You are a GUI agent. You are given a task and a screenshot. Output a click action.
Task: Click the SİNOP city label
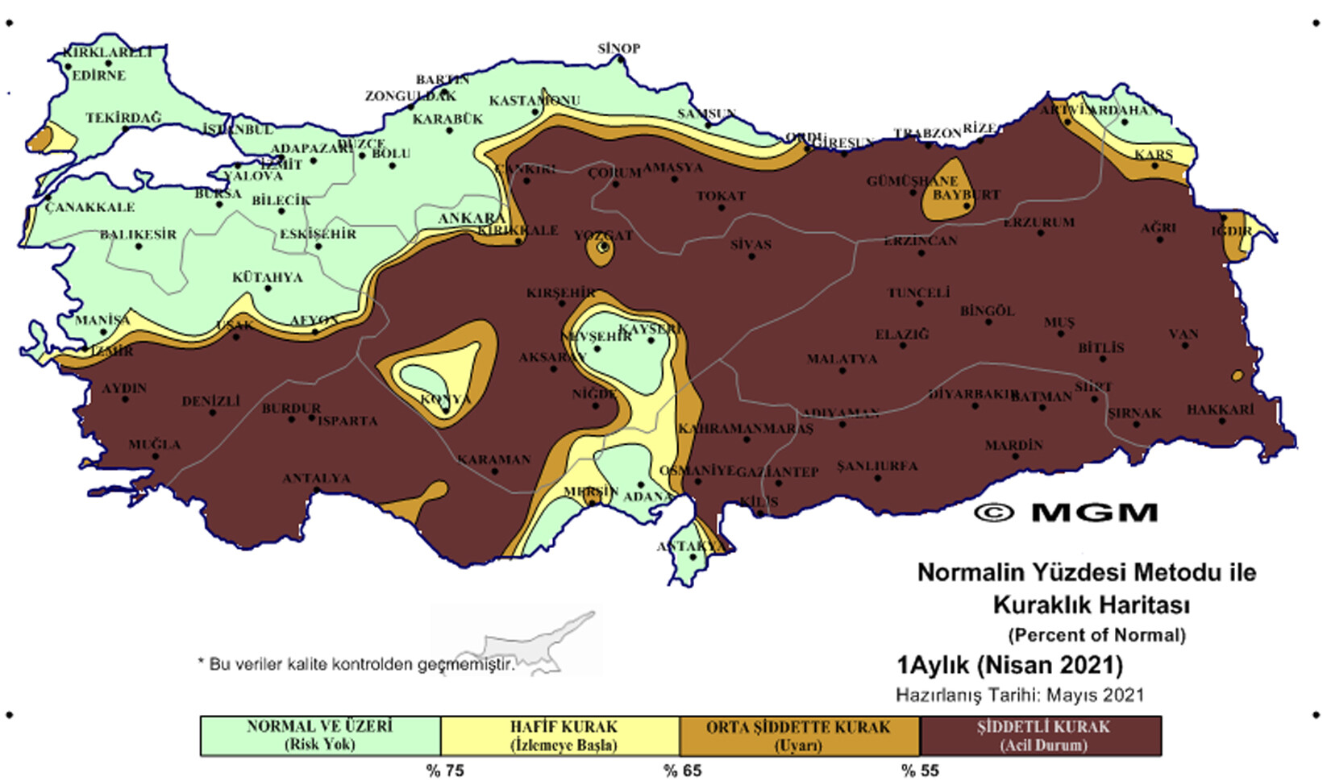tap(618, 48)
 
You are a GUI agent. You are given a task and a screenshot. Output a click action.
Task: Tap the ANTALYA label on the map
tap(316, 478)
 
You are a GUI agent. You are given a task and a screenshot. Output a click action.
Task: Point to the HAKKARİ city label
tap(1220, 409)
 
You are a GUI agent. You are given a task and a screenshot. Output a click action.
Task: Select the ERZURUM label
tap(1038, 222)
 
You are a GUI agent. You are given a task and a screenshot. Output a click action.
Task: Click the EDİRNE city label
tap(98, 75)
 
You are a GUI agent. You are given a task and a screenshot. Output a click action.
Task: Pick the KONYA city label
tap(445, 399)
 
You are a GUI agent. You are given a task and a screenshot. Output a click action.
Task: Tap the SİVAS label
tap(751, 244)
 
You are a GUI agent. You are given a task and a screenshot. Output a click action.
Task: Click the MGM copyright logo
tap(1066, 513)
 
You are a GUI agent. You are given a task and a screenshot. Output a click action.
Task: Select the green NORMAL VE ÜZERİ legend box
tap(320, 735)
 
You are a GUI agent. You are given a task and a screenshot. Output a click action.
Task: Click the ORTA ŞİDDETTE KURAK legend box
tap(798, 735)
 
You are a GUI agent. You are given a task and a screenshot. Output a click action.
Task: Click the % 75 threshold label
tap(445, 771)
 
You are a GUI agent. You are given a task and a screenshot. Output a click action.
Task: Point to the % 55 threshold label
tap(920, 771)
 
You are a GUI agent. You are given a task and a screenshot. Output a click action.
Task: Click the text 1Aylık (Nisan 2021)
tap(1009, 665)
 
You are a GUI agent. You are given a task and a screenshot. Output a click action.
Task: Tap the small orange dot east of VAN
tap(1238, 375)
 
